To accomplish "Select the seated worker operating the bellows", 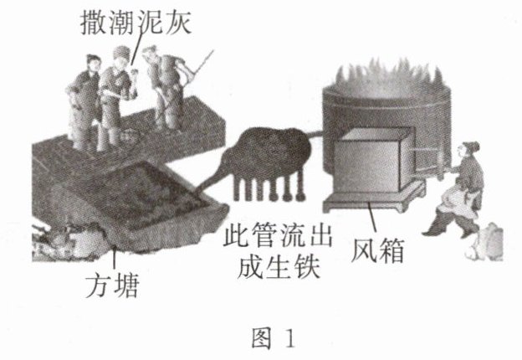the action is (x=457, y=193).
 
